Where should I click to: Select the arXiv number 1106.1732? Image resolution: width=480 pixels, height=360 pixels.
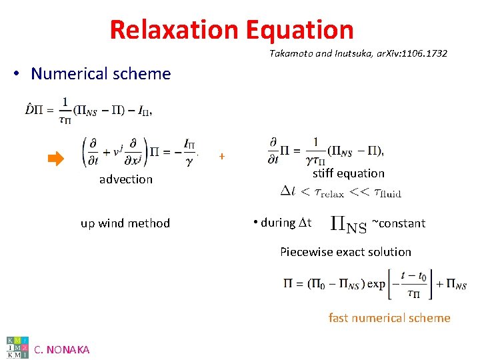[424, 53]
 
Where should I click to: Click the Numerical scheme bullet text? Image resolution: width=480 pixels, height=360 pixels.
[101, 73]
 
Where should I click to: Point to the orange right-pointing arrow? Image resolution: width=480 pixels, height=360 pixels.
[55, 158]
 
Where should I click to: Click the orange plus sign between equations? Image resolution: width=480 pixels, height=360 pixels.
[222, 157]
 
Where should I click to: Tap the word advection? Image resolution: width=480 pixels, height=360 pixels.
[126, 179]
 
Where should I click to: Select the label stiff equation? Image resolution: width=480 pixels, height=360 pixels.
[349, 173]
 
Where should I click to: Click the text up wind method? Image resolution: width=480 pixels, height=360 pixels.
[125, 223]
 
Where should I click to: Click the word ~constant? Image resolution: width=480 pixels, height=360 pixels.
[398, 223]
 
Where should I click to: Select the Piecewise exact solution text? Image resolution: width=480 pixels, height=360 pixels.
[345, 252]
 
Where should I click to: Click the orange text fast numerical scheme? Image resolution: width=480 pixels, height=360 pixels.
[389, 318]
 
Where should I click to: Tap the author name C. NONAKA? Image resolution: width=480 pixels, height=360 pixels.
[61, 349]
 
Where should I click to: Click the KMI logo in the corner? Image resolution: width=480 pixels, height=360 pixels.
[17, 347]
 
